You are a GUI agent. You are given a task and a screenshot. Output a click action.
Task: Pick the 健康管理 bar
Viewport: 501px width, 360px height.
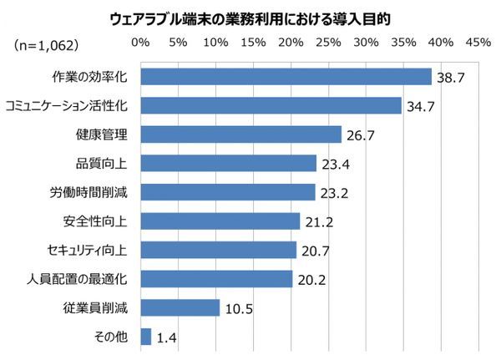pos(241,134)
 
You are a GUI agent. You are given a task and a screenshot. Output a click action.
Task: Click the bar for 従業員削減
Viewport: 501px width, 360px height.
pos(180,307)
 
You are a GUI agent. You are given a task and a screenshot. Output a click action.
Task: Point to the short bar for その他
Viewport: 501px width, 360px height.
pos(146,337)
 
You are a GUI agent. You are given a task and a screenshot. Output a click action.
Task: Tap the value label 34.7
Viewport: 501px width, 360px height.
pos(421,107)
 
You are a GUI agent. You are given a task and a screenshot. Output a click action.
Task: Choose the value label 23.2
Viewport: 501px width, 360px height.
pos(334,193)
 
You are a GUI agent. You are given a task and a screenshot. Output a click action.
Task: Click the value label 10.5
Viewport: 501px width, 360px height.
pos(239,308)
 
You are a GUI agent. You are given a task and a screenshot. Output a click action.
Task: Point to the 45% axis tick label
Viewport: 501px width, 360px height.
pos(478,42)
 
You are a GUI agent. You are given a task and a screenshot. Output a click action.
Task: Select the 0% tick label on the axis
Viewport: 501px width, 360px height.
pos(140,42)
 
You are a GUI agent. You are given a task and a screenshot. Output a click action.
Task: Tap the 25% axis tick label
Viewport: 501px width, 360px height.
pos(328,42)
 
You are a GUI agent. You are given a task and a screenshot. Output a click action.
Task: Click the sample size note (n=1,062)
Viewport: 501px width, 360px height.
pos(47,42)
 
